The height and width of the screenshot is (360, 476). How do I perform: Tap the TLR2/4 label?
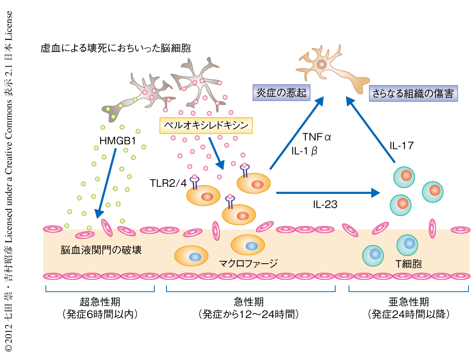point(168,183)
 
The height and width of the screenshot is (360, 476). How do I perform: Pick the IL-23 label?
point(325,205)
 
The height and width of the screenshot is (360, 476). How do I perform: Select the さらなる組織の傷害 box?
point(413,94)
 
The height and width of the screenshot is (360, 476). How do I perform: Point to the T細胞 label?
point(408,264)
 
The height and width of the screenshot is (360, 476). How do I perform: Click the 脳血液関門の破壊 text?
point(101,250)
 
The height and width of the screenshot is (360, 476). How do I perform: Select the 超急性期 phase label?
point(100,302)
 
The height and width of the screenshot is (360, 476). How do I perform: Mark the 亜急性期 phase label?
point(408,302)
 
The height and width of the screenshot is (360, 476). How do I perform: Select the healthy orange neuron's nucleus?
point(321,64)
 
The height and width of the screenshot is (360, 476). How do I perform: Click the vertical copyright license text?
point(9,180)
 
